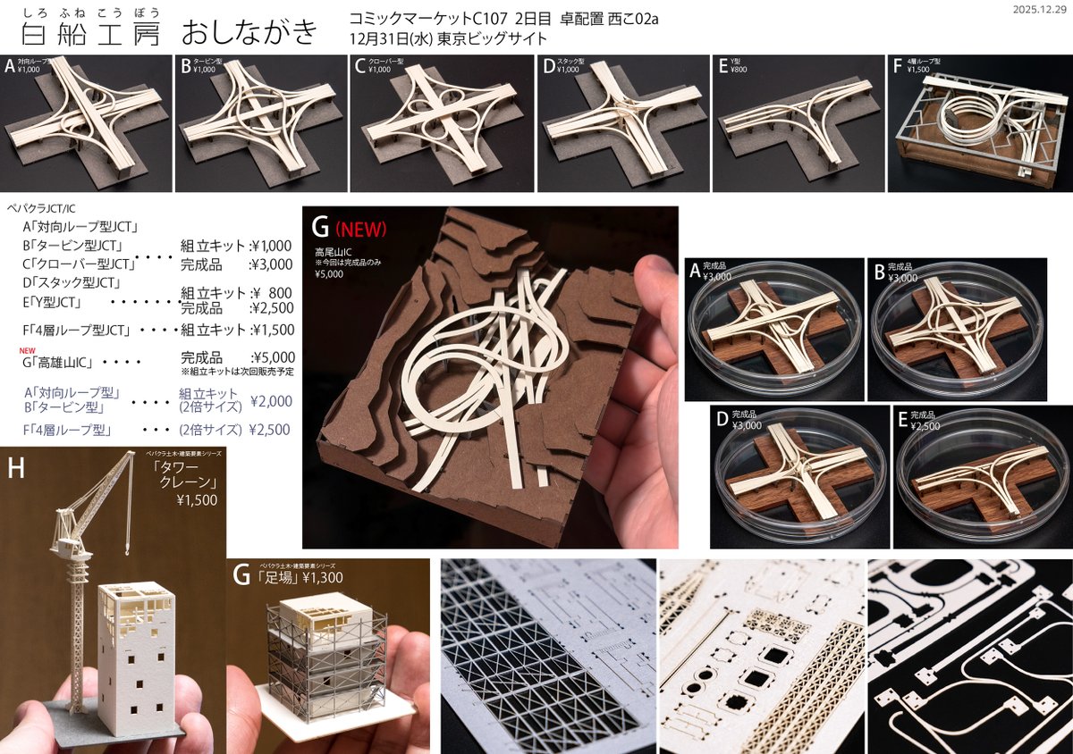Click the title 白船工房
point(89,33)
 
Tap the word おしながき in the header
point(249,33)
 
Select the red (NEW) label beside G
point(361,230)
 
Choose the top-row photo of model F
point(978,123)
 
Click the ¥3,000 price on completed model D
point(747,426)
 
